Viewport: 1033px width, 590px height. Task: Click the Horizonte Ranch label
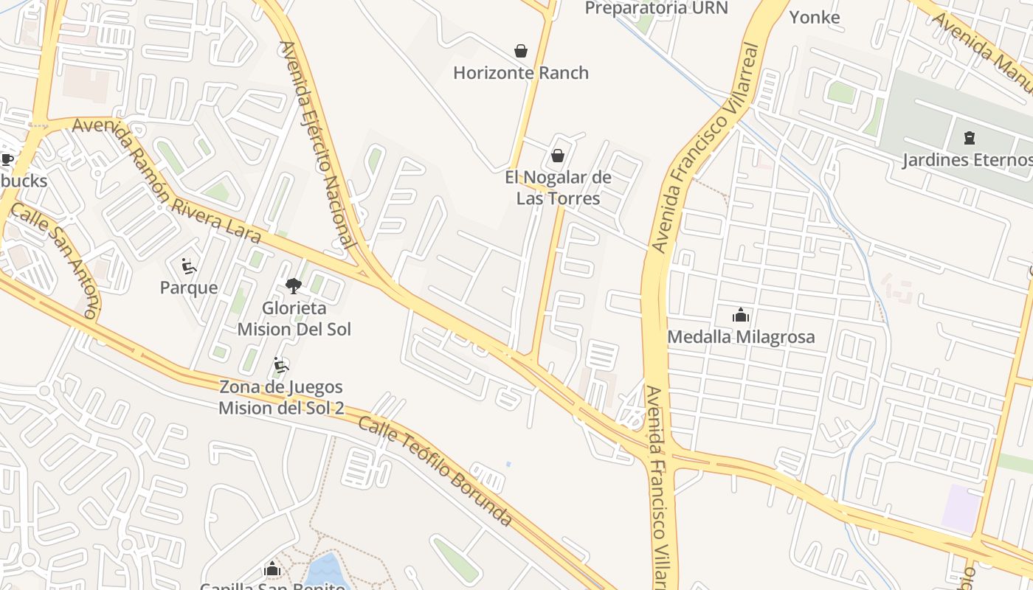click(521, 73)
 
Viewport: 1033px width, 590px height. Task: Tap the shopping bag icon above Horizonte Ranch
click(521, 51)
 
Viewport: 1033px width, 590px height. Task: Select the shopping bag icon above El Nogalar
click(558, 156)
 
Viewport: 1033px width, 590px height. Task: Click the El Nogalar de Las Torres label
click(558, 188)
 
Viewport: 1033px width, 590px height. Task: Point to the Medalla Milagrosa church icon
click(741, 316)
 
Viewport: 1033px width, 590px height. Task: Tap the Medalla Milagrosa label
click(741, 337)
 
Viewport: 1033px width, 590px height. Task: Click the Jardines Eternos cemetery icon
click(969, 137)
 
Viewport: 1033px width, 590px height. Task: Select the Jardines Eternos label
click(967, 160)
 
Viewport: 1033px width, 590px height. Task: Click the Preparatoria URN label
click(656, 8)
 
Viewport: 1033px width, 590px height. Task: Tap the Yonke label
click(815, 17)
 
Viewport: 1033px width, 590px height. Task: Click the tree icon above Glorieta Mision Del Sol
click(294, 286)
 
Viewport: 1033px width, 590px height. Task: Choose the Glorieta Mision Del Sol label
click(294, 319)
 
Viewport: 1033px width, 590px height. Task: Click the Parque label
click(189, 288)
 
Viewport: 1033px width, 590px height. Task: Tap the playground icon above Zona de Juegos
click(281, 365)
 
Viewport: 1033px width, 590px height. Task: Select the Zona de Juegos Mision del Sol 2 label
click(281, 398)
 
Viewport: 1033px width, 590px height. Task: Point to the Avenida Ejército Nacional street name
click(318, 145)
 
